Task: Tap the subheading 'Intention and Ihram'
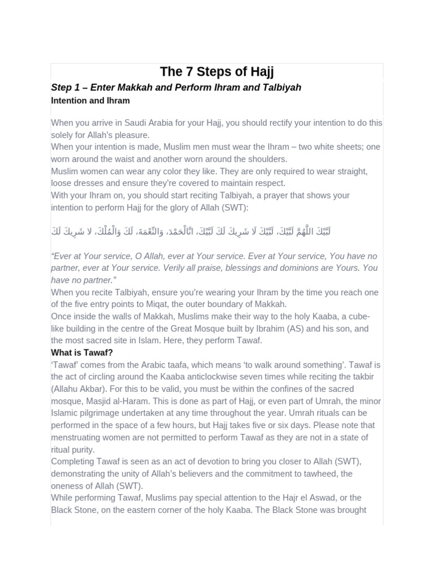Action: (x=90, y=101)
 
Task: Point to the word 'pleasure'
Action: (x=131, y=135)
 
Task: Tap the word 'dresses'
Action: (x=90, y=183)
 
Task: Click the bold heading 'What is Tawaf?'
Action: (x=82, y=353)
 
